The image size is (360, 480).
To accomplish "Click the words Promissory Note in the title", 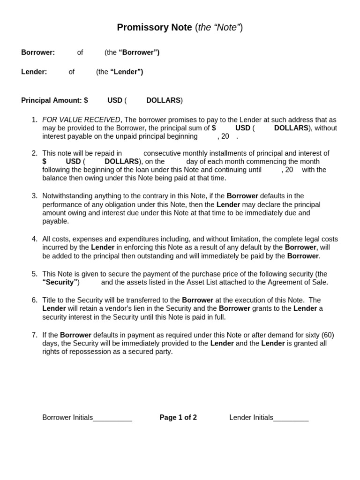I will pos(155,28).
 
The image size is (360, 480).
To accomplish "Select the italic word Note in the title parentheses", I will pos(230,28).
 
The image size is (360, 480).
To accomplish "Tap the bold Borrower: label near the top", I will pos(38,52).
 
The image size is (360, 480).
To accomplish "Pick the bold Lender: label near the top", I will pos(34,72).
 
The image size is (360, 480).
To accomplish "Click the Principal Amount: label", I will pos(52,100).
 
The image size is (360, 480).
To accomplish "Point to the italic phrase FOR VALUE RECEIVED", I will pos(81,120).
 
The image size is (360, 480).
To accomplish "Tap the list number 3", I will pos(34,196).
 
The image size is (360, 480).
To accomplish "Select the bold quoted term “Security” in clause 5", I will pos(60,282).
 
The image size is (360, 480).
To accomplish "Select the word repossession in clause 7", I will pos(80,352).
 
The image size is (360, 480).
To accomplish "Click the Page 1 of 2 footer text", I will pos(178,418).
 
